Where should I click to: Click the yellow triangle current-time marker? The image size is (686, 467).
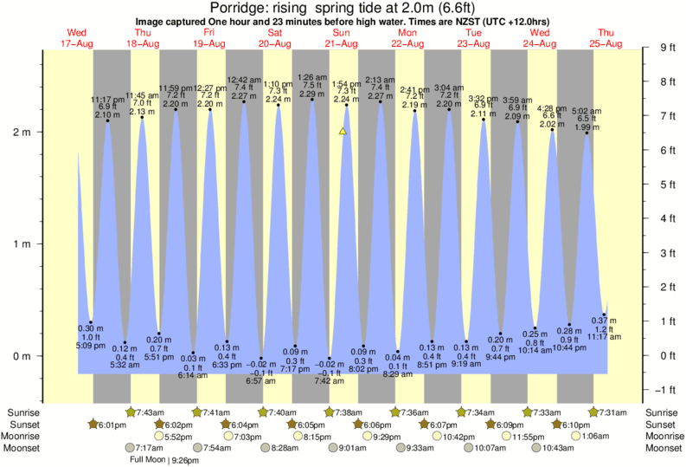coord(343,132)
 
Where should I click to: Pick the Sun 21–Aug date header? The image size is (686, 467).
coord(341,37)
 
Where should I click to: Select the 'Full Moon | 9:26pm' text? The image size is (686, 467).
coord(163,460)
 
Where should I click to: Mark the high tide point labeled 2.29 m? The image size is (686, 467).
coord(312,100)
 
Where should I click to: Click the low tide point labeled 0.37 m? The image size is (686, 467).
coord(604,315)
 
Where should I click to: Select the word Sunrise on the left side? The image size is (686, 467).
coord(21,412)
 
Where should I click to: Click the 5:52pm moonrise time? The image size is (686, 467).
coord(176,436)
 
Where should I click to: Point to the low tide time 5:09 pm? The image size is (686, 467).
coord(89,344)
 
